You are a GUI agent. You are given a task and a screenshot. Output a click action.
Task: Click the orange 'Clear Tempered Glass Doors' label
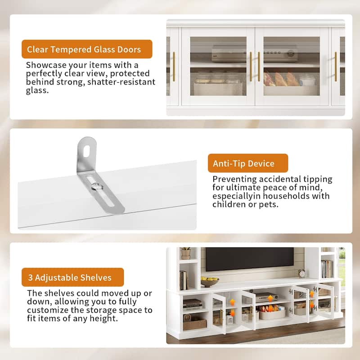click(87, 49)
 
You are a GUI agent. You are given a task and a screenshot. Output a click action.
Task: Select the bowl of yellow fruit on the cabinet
click(210, 282)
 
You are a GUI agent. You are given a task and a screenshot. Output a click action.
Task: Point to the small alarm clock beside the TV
click(301, 273)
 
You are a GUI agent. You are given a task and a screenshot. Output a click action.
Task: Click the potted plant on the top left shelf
click(186, 253)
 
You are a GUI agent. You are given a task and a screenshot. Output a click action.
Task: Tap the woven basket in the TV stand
click(195, 324)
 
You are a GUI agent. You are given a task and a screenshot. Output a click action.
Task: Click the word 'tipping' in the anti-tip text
click(316, 179)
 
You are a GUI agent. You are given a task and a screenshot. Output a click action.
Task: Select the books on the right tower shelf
click(327, 269)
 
